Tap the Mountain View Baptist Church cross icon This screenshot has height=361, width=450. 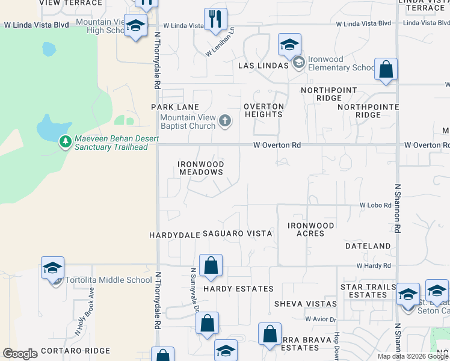(225, 122)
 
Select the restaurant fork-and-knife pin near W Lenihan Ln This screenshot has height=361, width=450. (215, 19)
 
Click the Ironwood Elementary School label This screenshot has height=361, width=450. (341, 63)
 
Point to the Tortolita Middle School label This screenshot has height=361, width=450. (109, 280)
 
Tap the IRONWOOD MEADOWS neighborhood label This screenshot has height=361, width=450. (201, 168)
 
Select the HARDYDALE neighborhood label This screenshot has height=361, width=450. (174, 235)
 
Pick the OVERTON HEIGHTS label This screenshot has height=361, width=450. (264, 110)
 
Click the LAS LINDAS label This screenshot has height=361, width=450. (263, 65)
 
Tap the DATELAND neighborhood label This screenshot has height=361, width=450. (368, 246)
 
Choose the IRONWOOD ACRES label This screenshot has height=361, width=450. (310, 229)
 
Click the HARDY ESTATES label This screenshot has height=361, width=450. (238, 289)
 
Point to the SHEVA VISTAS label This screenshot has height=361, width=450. (304, 304)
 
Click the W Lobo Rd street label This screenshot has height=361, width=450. (375, 205)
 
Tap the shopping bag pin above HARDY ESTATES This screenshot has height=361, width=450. (211, 265)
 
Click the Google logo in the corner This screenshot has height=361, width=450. (20, 354)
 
